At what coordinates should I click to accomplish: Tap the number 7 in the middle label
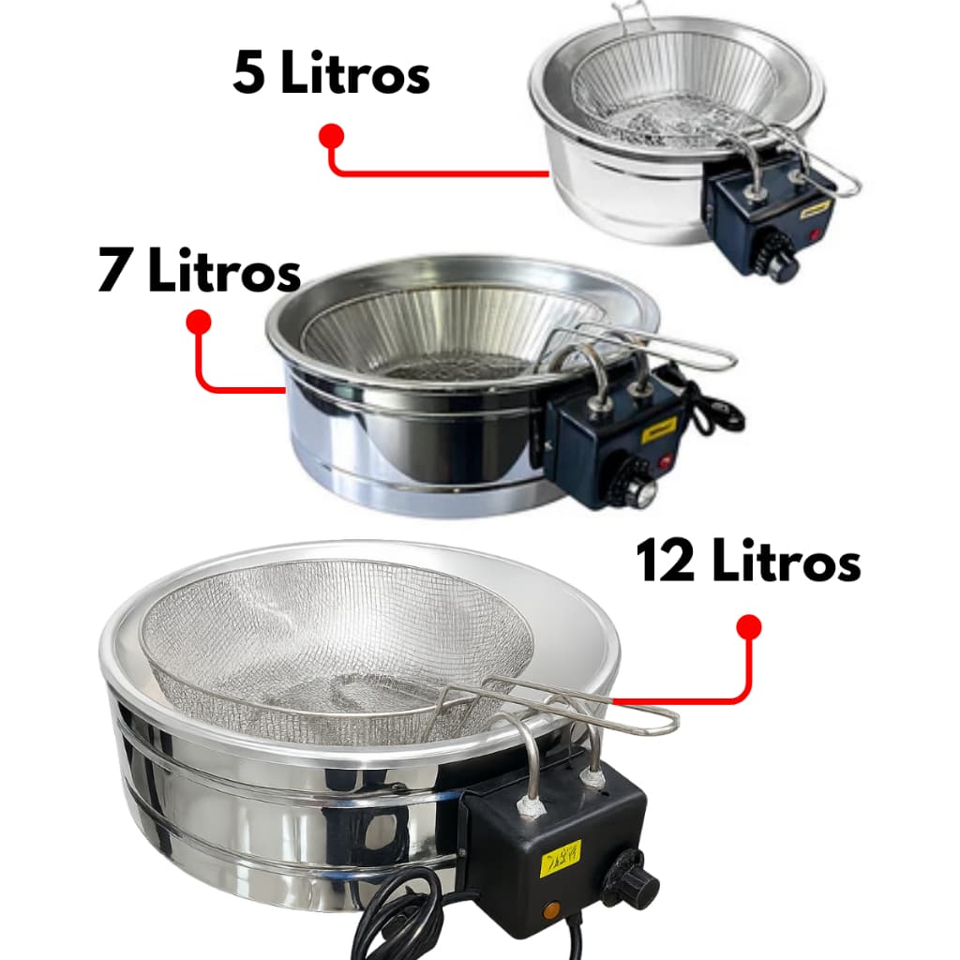(x=114, y=272)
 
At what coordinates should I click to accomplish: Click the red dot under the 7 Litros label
(x=199, y=322)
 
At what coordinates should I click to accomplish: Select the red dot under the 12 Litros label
(x=747, y=627)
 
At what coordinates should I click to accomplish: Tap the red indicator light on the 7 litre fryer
(x=665, y=462)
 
